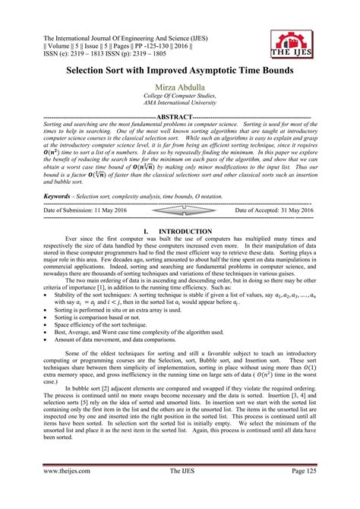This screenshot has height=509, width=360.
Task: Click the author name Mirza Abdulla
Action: [x=179, y=89]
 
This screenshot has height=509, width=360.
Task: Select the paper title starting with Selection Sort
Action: [x=180, y=68]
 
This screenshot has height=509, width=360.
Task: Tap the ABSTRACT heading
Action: [x=179, y=117]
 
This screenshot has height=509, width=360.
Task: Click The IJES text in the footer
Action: [x=179, y=492]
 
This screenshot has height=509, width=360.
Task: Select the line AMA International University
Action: [x=179, y=108]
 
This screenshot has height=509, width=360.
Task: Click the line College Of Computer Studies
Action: [x=179, y=100]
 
